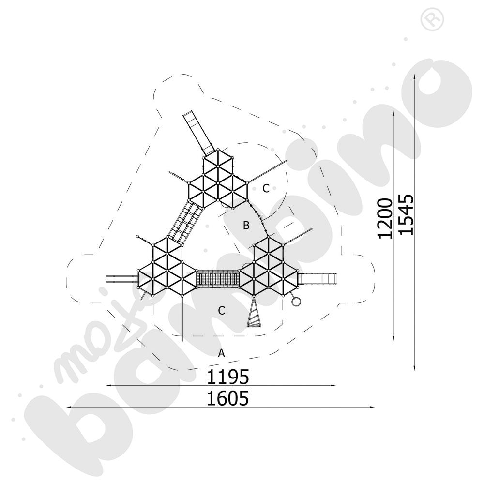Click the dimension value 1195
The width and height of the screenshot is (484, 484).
pyautogui.click(x=228, y=377)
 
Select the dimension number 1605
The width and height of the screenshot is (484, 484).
pyautogui.click(x=228, y=398)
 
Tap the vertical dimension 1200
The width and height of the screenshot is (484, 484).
pyautogui.click(x=385, y=219)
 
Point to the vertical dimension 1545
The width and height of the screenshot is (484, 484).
pyautogui.click(x=406, y=214)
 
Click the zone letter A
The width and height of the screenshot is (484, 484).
pyautogui.click(x=221, y=353)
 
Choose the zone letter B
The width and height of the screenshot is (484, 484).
pyautogui.click(x=246, y=226)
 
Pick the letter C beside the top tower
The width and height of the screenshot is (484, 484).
pyautogui.click(x=266, y=188)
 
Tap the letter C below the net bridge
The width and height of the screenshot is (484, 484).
pyautogui.click(x=222, y=311)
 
